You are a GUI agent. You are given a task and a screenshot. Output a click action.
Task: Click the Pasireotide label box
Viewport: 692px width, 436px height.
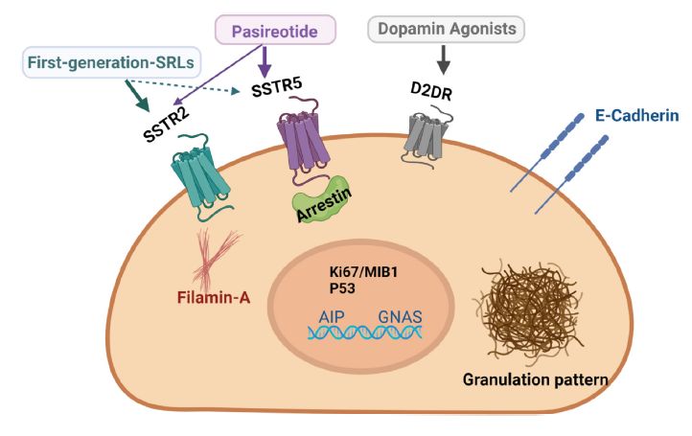point(275,30)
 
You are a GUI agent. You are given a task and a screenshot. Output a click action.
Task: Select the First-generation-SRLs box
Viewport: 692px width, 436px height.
point(111,62)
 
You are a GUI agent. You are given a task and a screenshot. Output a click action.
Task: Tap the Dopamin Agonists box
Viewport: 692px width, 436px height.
point(447,29)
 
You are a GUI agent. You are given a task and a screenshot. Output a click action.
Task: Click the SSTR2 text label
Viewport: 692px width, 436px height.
point(166,125)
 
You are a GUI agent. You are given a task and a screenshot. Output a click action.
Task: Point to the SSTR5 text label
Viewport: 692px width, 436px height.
point(277,86)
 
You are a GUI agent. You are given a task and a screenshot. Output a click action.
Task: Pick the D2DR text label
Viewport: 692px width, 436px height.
point(431,91)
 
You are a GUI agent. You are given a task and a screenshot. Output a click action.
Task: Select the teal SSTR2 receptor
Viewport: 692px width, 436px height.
point(202,176)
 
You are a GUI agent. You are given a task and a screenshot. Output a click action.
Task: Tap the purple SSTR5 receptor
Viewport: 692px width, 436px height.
point(305,142)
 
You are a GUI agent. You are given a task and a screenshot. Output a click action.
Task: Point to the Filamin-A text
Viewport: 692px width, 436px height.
point(214,297)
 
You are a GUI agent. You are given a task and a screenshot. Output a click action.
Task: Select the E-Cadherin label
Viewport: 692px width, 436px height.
point(636,116)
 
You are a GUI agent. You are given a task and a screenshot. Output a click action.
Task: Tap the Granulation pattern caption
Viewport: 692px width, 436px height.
point(536,379)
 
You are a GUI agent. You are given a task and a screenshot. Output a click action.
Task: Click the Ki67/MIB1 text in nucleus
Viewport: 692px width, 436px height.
point(363,272)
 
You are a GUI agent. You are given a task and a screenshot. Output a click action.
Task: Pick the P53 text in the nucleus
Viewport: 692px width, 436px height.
point(342,288)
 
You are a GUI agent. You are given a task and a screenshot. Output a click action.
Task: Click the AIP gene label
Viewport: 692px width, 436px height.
point(332,317)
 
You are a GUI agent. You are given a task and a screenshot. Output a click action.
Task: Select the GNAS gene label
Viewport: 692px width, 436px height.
point(400,317)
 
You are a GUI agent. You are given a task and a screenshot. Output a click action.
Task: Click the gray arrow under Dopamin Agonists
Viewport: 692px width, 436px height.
point(444,59)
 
